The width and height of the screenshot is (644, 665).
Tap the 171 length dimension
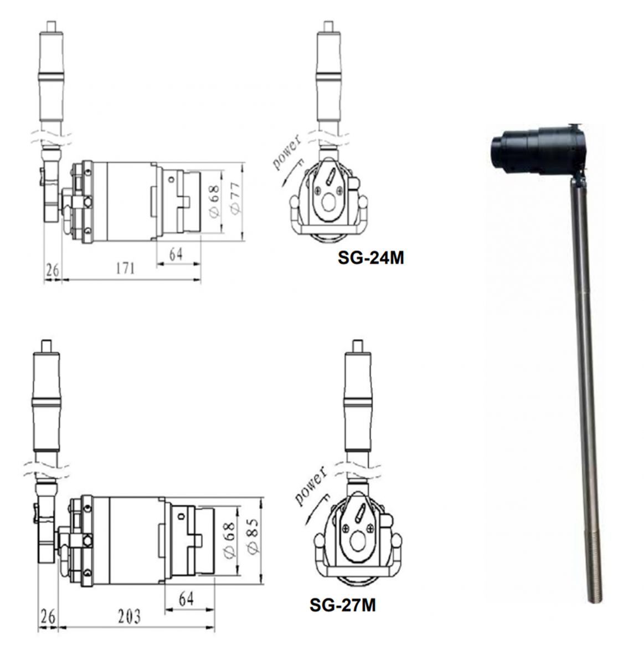click(x=125, y=268)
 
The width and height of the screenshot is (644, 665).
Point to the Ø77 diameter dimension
click(x=236, y=198)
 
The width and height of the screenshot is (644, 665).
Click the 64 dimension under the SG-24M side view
click(x=176, y=254)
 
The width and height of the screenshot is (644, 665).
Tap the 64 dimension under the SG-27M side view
click(x=187, y=600)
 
